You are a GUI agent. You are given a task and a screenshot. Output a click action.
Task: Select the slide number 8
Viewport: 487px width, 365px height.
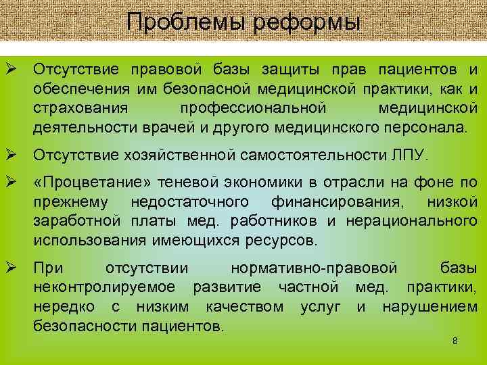(455, 341)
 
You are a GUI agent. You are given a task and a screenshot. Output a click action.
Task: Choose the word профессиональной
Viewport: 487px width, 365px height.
(254, 108)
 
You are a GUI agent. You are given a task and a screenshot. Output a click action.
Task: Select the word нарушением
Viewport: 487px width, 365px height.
(430, 308)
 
